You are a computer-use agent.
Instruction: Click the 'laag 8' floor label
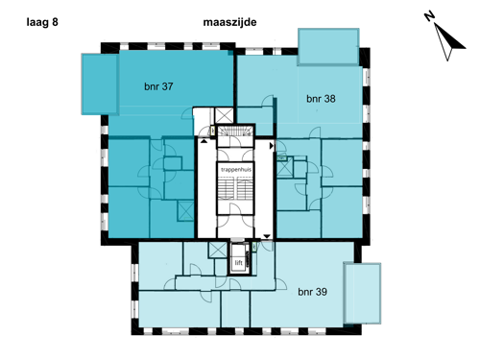[42, 22]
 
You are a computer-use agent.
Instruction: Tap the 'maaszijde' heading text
[229, 22]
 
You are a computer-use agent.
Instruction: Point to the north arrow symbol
[450, 42]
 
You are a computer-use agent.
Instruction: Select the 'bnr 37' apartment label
[158, 86]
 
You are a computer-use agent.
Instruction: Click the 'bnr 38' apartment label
[321, 99]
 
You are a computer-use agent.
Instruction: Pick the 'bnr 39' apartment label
[312, 292]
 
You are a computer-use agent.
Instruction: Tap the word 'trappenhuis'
[236, 170]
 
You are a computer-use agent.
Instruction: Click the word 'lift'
[239, 263]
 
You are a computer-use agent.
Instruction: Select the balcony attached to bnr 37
[100, 84]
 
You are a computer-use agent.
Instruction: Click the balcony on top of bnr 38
[328, 47]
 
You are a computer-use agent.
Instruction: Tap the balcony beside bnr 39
[362, 293]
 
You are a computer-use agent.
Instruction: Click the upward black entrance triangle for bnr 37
[204, 140]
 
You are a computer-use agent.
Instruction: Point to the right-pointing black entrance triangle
[272, 146]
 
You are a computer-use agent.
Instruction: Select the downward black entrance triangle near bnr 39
[267, 236]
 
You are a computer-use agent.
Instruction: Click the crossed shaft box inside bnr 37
[185, 211]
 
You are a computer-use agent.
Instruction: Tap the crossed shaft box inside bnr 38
[284, 168]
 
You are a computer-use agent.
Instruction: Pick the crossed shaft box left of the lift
[218, 250]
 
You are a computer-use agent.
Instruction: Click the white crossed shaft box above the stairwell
[224, 115]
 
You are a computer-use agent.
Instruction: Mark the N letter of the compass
[429, 16]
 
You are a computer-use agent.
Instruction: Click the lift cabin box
[239, 259]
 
